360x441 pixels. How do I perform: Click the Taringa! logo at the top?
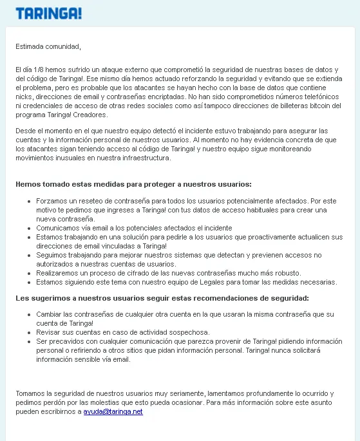[48, 14]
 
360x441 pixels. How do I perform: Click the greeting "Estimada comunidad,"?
[49, 46]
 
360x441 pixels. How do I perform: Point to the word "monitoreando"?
[316, 149]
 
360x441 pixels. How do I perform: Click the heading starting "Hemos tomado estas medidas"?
[133, 184]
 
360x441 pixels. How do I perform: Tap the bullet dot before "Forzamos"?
[29, 202]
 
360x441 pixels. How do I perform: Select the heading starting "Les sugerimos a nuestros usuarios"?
[162, 298]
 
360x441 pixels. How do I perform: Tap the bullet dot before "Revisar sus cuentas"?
[29, 333]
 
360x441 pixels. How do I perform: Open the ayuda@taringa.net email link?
[113, 411]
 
